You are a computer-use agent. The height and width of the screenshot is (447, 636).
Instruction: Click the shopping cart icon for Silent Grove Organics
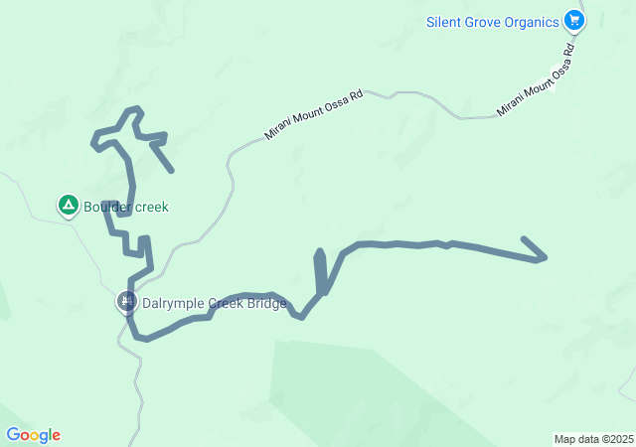tap(573, 20)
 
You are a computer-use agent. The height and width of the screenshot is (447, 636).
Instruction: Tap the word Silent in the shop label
tap(444, 21)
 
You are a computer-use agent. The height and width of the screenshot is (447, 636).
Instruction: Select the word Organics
tap(531, 21)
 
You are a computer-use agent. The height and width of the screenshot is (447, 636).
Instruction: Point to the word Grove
tap(484, 21)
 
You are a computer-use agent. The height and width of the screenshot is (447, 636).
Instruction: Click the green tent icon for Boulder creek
tap(68, 206)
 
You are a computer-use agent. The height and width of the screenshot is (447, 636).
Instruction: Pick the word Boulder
tap(106, 208)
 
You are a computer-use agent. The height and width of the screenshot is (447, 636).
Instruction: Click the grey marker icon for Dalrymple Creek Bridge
tap(126, 300)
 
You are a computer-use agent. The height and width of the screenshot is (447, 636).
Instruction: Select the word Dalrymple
tap(175, 302)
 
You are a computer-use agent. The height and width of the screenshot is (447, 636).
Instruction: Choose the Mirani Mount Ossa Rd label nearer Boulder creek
tap(314, 115)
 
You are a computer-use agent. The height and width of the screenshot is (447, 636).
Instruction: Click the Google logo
tap(33, 435)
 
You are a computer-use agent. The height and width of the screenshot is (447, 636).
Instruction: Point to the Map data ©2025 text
tap(592, 439)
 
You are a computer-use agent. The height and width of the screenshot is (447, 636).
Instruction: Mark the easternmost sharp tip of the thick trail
tap(546, 258)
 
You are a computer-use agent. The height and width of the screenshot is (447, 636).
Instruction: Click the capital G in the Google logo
tap(13, 435)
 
